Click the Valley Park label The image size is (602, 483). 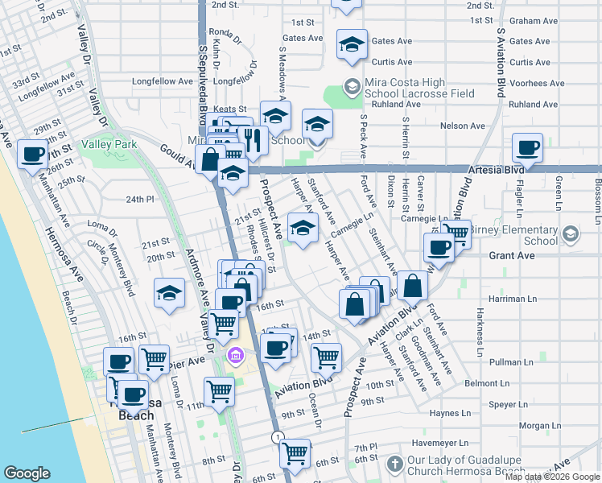pos(112,145)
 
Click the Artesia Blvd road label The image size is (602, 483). pos(496,170)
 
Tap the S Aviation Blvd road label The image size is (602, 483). pos(500,60)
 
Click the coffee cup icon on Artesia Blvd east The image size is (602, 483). pos(527,148)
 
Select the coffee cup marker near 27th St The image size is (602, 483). pos(32,154)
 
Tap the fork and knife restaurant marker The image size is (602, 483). pos(254,140)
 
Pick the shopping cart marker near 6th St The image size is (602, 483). pos(295,453)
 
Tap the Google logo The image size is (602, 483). pos(27,473)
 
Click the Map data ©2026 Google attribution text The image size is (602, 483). pos(552,477)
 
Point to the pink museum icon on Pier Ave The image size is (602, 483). pos(235,355)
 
